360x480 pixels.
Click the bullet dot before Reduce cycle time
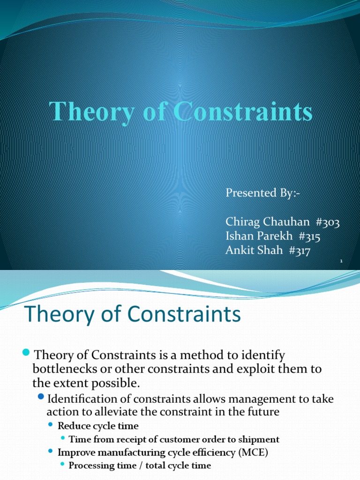tap(51, 426)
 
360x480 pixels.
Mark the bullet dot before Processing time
tap(62, 465)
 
